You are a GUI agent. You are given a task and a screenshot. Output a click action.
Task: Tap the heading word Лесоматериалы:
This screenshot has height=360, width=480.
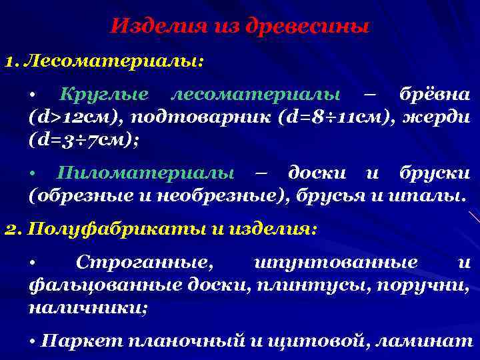pos(114,61)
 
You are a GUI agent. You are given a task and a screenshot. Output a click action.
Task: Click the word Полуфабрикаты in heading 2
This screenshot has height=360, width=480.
pos(103,229)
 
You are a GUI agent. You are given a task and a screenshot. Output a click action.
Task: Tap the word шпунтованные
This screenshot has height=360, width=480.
pos(336,263)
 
